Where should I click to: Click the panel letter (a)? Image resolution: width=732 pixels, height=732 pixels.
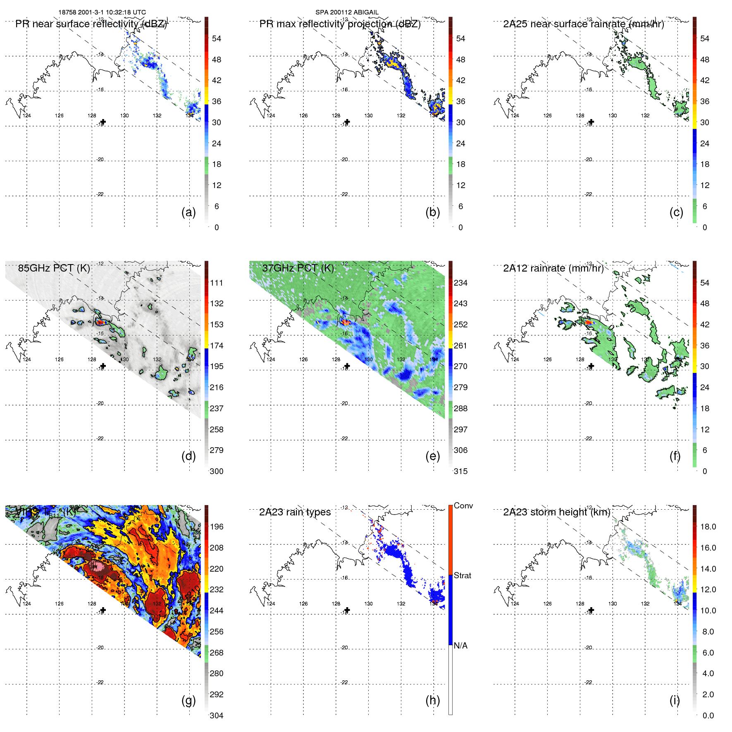(x=188, y=212)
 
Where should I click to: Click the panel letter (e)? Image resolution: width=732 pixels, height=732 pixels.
(x=432, y=456)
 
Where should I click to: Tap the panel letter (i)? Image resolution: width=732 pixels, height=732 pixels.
(x=675, y=701)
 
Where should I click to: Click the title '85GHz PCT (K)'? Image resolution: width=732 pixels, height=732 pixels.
(x=54, y=268)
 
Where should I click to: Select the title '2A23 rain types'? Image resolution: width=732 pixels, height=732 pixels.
(x=295, y=513)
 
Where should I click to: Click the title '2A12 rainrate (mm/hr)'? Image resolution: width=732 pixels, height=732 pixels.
(x=553, y=268)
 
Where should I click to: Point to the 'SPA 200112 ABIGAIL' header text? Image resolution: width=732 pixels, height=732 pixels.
(x=347, y=12)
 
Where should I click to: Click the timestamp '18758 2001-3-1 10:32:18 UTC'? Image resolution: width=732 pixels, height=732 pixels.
(x=102, y=12)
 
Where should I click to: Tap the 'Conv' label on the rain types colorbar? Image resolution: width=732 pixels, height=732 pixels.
(x=463, y=506)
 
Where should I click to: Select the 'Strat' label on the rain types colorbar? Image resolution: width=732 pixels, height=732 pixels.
(x=463, y=576)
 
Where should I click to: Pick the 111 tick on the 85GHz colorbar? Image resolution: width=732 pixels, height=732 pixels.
(x=217, y=283)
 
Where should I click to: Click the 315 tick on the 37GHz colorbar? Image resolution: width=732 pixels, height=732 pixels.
(x=460, y=472)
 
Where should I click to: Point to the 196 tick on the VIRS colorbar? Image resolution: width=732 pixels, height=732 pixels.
(x=217, y=527)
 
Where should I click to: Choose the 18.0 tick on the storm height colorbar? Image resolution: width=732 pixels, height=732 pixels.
(x=708, y=527)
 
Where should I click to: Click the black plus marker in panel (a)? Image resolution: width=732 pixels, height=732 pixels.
(x=103, y=122)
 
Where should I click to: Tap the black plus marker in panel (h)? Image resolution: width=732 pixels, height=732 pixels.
(x=347, y=610)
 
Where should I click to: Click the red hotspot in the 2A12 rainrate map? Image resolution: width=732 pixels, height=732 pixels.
(x=589, y=322)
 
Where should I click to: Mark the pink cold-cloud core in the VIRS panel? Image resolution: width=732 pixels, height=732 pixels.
(x=98, y=564)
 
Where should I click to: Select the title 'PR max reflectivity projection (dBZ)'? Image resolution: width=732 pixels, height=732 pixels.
(x=340, y=24)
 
